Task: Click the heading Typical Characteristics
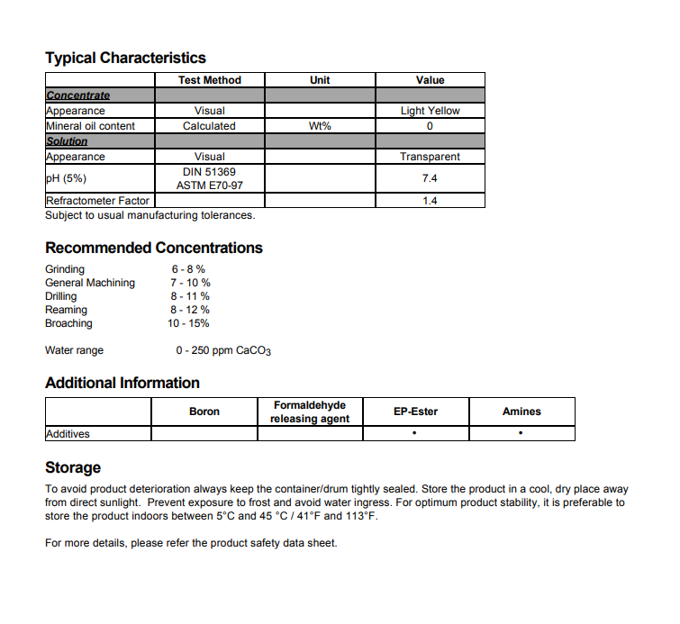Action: (125, 59)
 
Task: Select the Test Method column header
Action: (210, 80)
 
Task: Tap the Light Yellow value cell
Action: (430, 111)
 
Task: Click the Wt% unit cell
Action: (320, 126)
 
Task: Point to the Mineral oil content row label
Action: (90, 126)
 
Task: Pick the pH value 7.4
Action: (430, 178)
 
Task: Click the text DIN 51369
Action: (210, 171)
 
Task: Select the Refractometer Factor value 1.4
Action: (430, 201)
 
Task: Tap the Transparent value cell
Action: (430, 157)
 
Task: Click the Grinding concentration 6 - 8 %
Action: (188, 269)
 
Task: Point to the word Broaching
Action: (68, 323)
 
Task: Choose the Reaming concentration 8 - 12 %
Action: (190, 310)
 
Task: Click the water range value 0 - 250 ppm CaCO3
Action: (223, 350)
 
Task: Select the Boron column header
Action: (204, 411)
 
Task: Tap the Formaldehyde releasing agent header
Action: (310, 411)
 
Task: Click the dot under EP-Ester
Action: (415, 434)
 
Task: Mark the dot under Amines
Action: (521, 434)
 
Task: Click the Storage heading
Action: (73, 467)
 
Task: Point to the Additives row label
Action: (68, 434)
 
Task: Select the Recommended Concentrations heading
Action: (154, 248)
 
